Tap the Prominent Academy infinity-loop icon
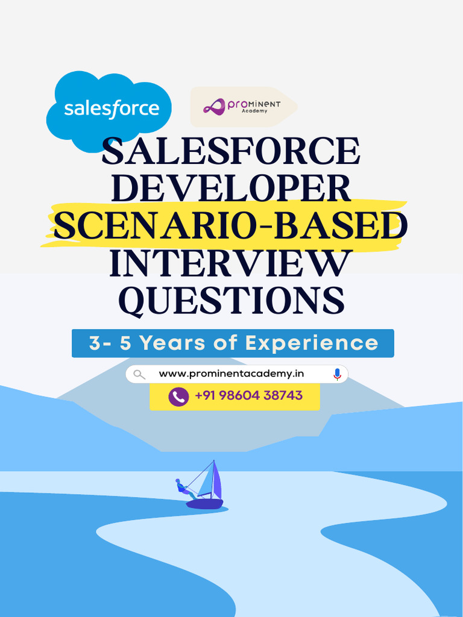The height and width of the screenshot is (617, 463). coord(214,107)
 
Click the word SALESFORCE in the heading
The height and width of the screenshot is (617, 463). coord(231,152)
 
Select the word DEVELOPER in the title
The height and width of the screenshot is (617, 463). coord(231,189)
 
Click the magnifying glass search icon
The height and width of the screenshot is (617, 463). coord(139,374)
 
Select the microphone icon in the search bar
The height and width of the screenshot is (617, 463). coord(337,374)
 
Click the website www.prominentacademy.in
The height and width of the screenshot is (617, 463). coord(231,374)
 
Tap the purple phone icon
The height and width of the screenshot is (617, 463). coord(178,396)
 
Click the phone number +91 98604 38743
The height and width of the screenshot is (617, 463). coord(248,396)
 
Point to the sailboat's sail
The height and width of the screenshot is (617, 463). coord(208,480)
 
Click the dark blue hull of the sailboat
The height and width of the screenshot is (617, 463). coord(205,503)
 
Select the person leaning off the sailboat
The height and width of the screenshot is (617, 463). coord(183,487)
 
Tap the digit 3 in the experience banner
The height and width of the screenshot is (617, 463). coord(95,343)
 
